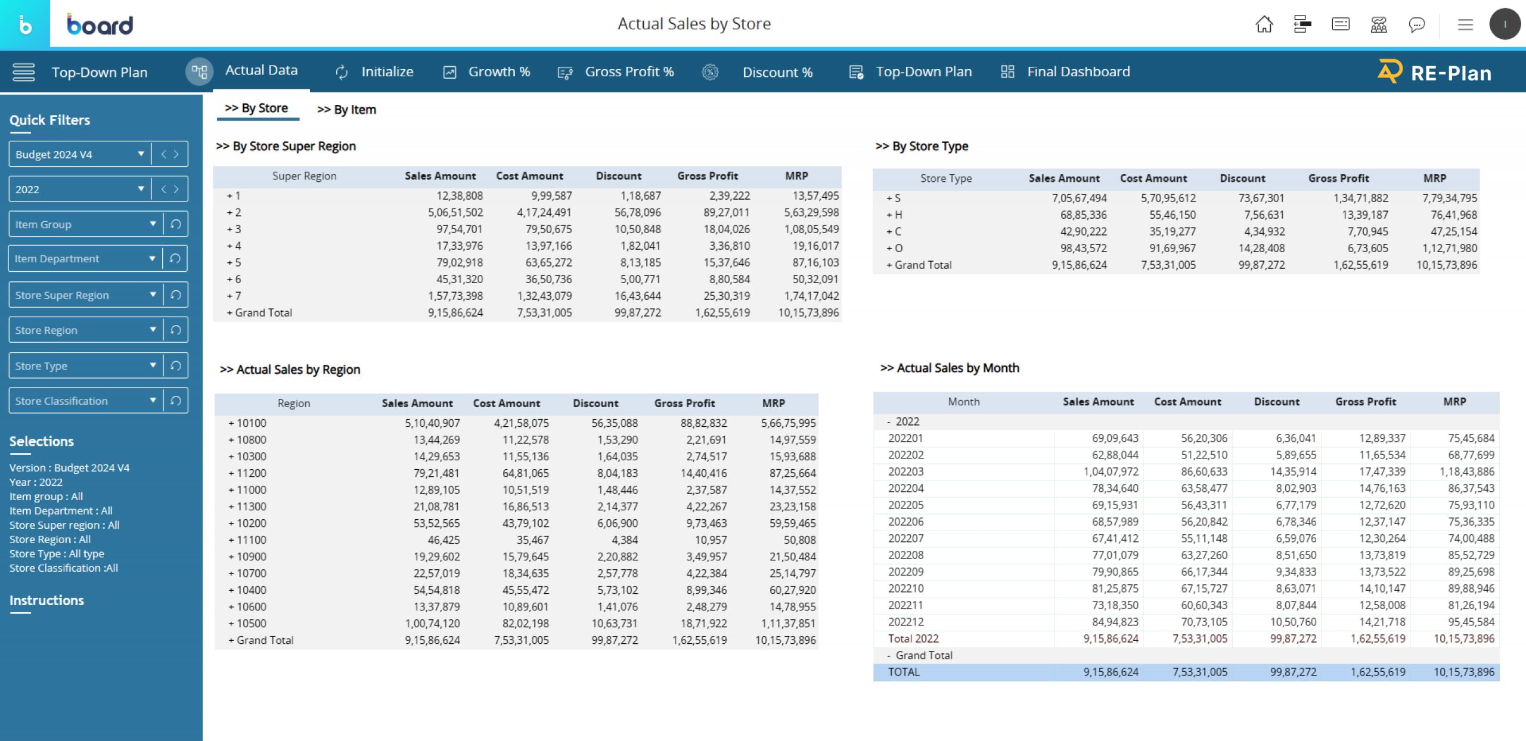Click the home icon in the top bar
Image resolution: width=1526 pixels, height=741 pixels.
coord(1264,24)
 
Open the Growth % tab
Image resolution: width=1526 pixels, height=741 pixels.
coord(498,72)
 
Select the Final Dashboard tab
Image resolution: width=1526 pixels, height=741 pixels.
coord(1078,72)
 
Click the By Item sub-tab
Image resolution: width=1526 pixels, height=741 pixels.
coord(346,110)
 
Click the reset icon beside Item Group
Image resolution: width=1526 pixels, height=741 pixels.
coord(175,224)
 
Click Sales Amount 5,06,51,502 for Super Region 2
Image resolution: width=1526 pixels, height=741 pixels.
coord(455,212)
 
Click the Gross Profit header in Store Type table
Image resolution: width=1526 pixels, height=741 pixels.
coord(1338,178)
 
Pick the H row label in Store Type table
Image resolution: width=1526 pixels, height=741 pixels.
coord(898,215)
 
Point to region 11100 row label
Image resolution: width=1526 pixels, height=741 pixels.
coord(251,540)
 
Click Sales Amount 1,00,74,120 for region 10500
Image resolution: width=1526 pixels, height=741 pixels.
coord(432,624)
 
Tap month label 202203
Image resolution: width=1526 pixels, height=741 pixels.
coord(905,472)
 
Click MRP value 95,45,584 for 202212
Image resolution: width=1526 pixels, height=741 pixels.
coord(1471,622)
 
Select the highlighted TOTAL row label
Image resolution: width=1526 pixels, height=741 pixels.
coord(904,672)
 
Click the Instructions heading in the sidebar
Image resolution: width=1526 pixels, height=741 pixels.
coord(46,600)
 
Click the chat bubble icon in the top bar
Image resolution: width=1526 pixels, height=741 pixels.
coord(1416,24)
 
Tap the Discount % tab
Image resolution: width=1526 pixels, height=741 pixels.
coord(777,73)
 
